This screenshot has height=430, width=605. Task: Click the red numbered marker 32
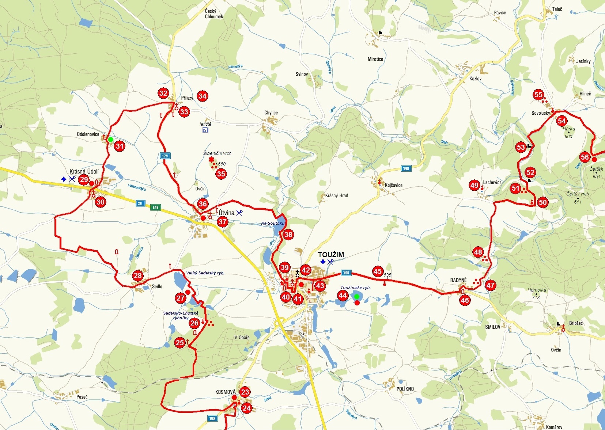tap(163, 93)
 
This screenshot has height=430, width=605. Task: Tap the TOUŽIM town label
tap(330, 255)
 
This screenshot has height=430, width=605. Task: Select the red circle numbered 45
tap(378, 271)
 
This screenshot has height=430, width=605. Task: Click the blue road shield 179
tap(165, 156)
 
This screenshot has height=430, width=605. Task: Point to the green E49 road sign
tap(156, 208)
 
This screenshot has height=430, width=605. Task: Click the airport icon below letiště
tap(205, 130)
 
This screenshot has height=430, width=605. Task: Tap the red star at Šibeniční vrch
tap(211, 160)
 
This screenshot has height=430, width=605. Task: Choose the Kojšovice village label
tap(393, 185)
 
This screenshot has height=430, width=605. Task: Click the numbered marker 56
tap(585, 157)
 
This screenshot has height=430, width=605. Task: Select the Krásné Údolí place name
tap(84, 171)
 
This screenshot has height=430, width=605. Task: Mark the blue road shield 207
tap(346, 273)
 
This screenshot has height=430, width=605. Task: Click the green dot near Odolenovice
tap(110, 140)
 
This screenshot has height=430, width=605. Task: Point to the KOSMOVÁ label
tap(225, 392)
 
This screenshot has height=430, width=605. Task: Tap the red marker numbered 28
tap(138, 276)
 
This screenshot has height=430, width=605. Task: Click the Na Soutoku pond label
tap(272, 223)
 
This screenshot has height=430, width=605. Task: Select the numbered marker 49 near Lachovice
tap(474, 185)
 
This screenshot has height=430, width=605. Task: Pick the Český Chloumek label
tap(214, 14)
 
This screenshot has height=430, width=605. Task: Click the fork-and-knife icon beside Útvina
tap(239, 213)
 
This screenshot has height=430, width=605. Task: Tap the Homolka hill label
tap(537, 290)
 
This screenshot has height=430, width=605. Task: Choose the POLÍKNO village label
tap(405, 389)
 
